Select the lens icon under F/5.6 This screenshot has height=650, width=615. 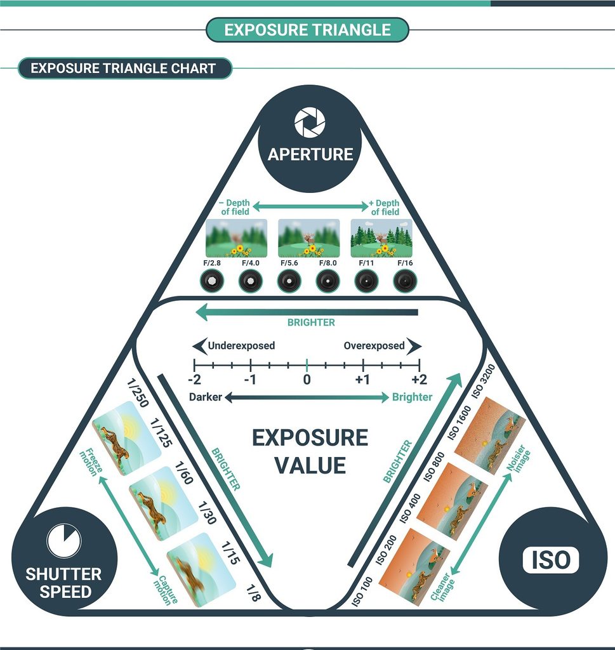pyautogui.click(x=289, y=281)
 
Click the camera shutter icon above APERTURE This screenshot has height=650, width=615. pyautogui.click(x=310, y=123)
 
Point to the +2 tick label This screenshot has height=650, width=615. pyautogui.click(x=418, y=379)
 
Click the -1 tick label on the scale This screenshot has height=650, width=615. pyautogui.click(x=251, y=379)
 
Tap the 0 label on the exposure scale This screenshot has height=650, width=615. pyautogui.click(x=307, y=379)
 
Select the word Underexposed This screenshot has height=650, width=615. pyautogui.click(x=241, y=346)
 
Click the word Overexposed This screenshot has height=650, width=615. pyautogui.click(x=374, y=346)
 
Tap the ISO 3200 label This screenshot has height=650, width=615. pyautogui.click(x=484, y=381)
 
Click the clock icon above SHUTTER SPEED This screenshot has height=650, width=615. pyautogui.click(x=63, y=540)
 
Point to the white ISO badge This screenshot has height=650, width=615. pyautogui.click(x=550, y=560)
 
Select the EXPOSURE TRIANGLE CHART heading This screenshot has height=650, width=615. pyautogui.click(x=123, y=68)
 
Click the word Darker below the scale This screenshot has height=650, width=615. pyautogui.click(x=206, y=397)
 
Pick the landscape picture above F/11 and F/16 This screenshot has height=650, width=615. pyautogui.click(x=381, y=238)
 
